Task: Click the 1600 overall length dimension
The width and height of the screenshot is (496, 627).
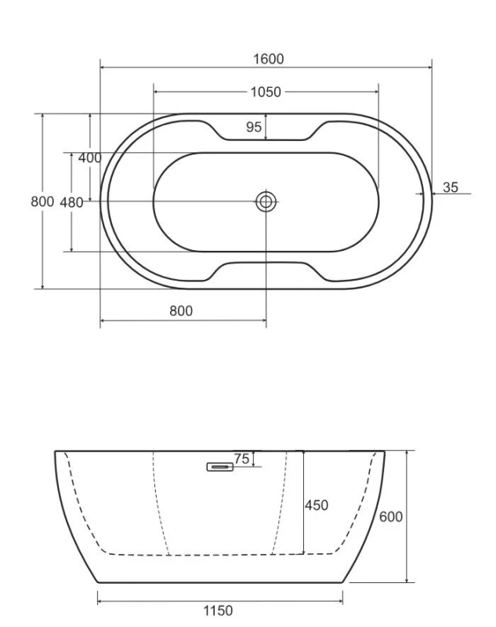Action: [269, 60]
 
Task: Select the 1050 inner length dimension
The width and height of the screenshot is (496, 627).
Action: [266, 92]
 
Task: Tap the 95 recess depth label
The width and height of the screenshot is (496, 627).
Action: [254, 127]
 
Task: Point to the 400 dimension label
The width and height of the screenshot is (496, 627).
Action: [89, 158]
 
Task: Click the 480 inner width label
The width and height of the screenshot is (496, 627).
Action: [71, 203]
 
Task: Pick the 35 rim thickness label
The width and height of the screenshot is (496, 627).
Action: [451, 187]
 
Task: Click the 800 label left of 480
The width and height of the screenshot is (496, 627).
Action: [42, 201]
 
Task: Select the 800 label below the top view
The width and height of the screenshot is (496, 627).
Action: [181, 310]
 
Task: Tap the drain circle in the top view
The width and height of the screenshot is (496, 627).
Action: [266, 201]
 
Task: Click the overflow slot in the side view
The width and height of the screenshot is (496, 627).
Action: [220, 466]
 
